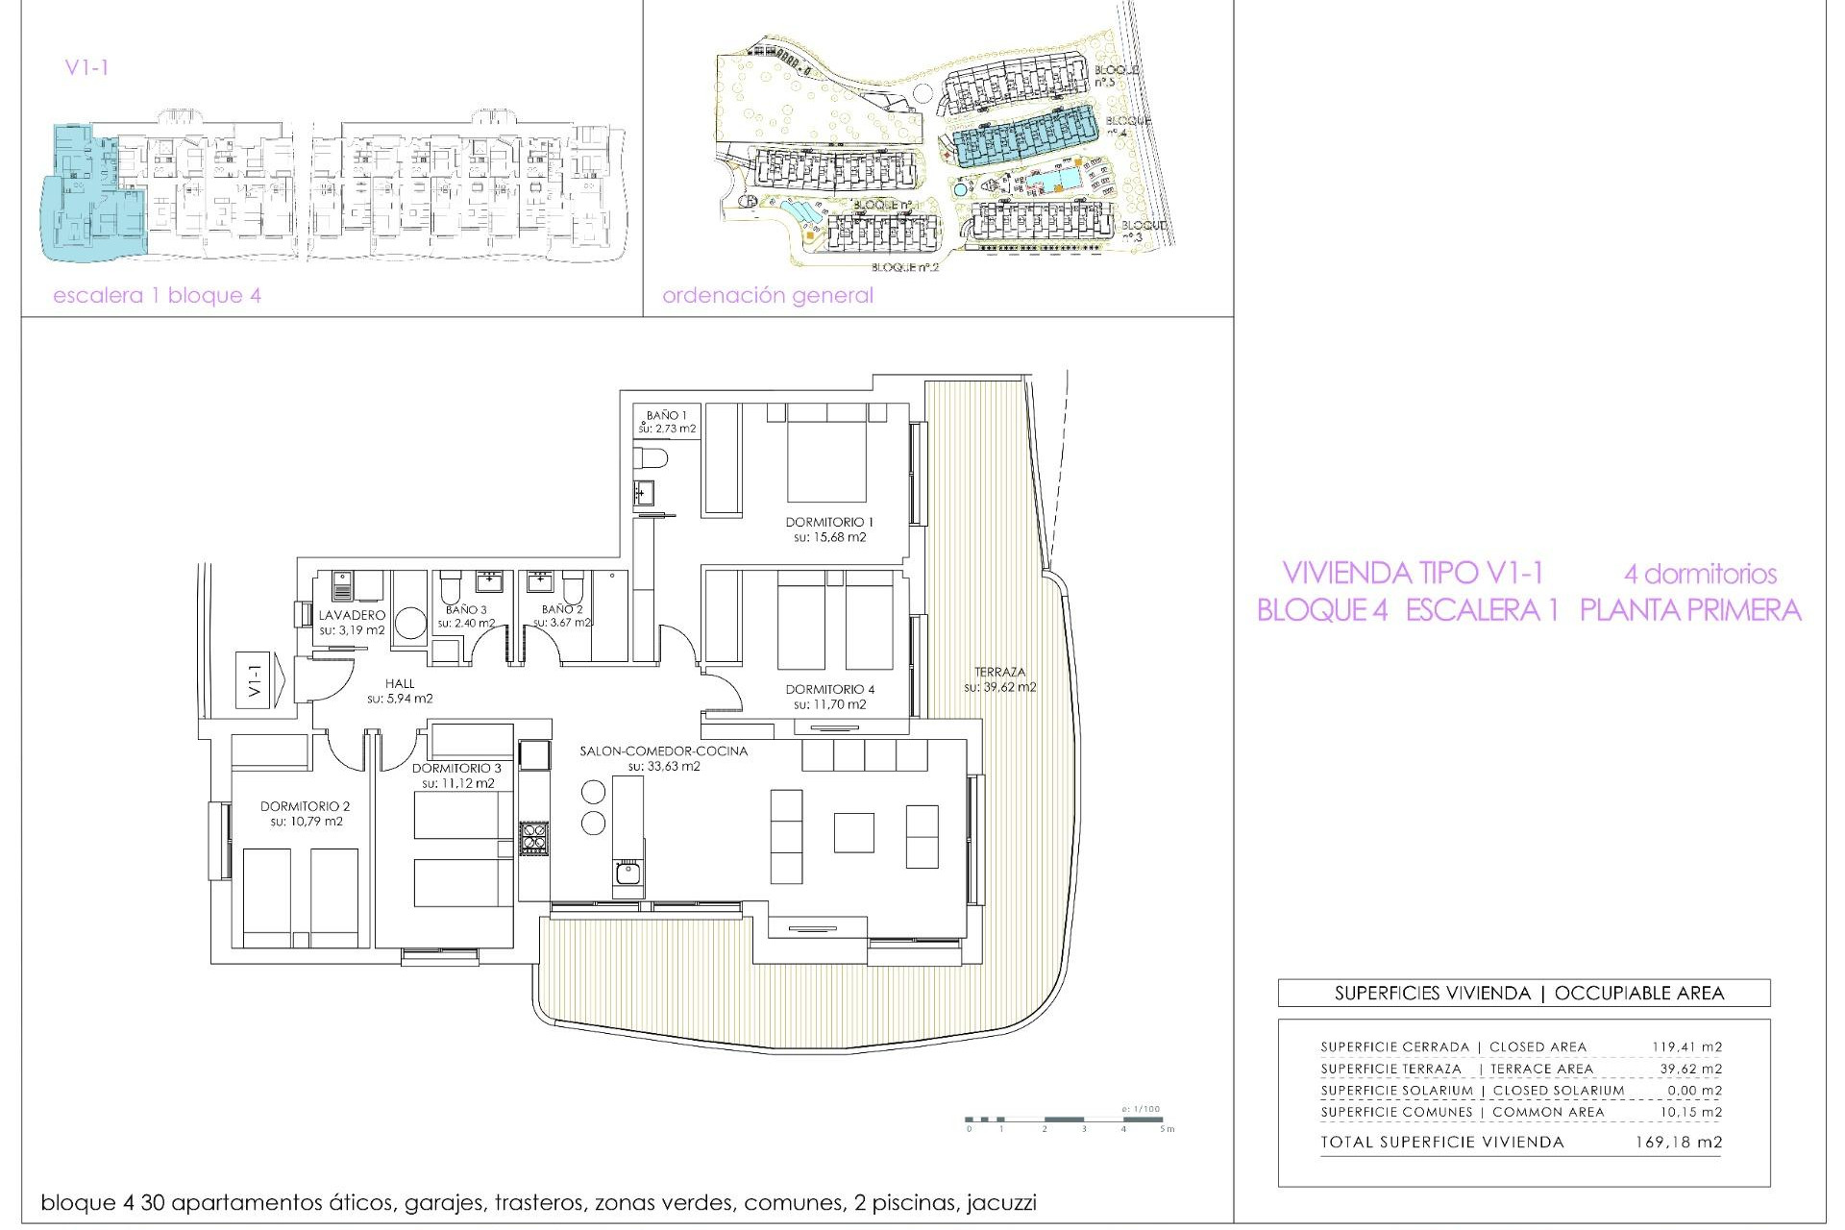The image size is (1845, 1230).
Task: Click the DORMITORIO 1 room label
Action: [829, 522]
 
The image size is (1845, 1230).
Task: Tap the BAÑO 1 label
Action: [666, 415]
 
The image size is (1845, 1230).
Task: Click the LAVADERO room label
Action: [352, 615]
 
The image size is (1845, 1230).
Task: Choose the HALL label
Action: [400, 683]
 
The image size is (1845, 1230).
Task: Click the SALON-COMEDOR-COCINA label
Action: [663, 750]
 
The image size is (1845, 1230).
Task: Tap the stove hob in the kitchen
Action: [534, 838]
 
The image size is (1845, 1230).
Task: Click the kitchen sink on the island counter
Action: [627, 873]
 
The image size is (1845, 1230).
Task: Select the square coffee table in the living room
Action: [853, 832]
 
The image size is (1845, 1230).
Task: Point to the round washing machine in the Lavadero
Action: [411, 624]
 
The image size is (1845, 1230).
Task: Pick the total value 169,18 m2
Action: [1678, 1142]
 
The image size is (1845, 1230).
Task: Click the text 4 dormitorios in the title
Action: [1699, 575]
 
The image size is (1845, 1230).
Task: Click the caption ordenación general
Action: [768, 295]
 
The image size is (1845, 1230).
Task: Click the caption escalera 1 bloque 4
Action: [157, 295]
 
